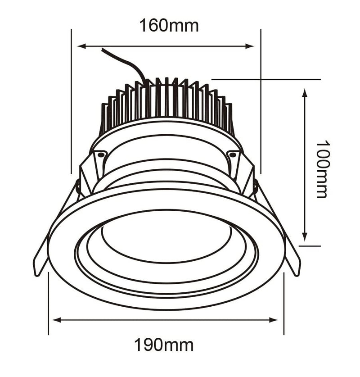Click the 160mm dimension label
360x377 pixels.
[x=169, y=26]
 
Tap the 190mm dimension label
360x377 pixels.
[x=163, y=345]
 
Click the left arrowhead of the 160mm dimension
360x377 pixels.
[x=81, y=46]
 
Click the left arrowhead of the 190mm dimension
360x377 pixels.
[x=56, y=320]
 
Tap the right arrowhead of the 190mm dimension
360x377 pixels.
[x=274, y=320]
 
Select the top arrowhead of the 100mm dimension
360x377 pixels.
[x=305, y=93]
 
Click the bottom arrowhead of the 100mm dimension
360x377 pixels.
[x=305, y=236]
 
